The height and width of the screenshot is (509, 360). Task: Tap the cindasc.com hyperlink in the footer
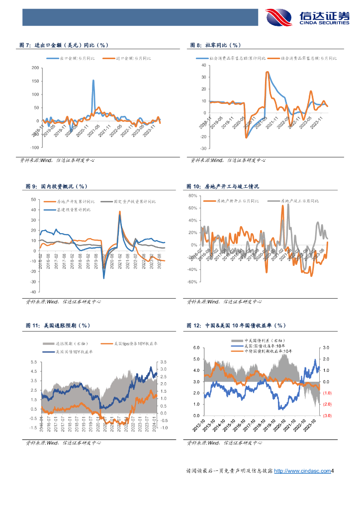click(303, 471)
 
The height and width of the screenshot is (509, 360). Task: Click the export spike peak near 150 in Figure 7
click(93, 81)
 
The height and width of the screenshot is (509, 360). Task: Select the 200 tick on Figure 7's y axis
click(34, 68)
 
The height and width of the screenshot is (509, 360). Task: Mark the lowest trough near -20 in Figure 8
click(246, 137)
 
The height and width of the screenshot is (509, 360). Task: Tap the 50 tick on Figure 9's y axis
click(33, 199)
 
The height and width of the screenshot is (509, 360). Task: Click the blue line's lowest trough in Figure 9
click(104, 278)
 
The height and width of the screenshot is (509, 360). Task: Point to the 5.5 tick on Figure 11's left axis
click(34, 362)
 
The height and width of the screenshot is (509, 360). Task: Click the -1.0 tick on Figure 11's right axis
click(165, 427)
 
